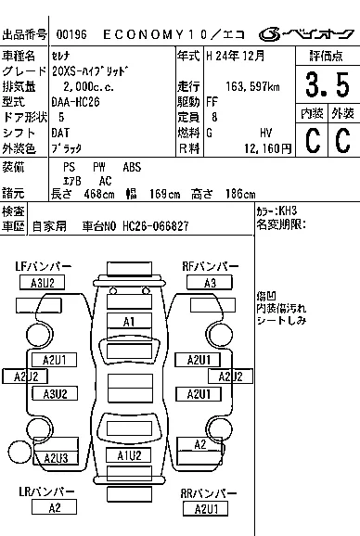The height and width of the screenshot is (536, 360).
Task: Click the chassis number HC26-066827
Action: pos(155,225)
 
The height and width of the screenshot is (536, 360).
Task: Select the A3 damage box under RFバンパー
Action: pos(210,283)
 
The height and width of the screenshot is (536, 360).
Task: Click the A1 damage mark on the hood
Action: pos(130,321)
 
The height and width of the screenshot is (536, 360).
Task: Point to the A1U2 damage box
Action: pos(128,454)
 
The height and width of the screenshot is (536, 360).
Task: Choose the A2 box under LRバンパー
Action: pos(54,506)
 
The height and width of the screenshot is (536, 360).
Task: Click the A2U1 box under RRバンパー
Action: pos(205,508)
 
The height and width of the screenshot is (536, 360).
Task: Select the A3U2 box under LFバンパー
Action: pos(42,283)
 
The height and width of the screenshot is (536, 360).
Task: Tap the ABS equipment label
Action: pos(132,166)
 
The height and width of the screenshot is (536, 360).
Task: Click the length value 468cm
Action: pos(87,193)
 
